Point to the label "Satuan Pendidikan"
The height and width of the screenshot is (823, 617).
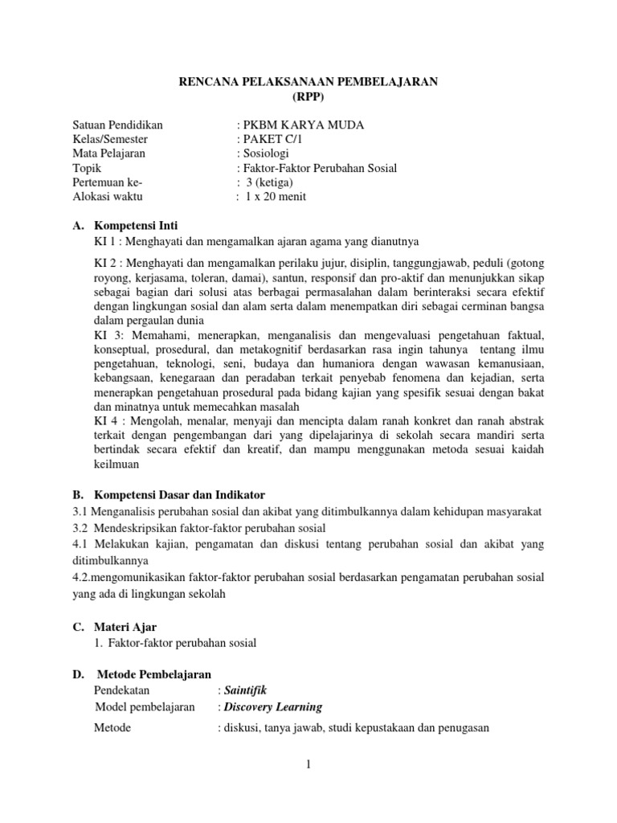118,125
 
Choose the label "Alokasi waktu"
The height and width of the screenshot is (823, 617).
108,197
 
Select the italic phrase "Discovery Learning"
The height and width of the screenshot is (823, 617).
273,707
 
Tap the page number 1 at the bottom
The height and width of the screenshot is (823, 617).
308,764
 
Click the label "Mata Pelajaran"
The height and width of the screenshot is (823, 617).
109,154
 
